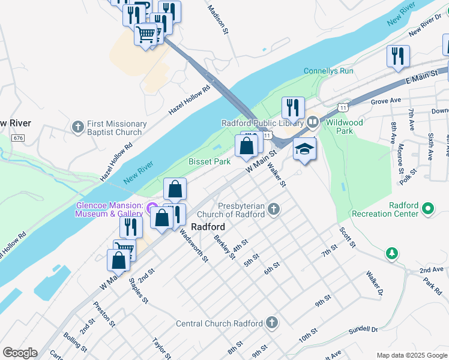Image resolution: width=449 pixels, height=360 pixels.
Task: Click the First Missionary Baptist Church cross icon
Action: click(x=77, y=127)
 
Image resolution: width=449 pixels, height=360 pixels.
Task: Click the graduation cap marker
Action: click(x=304, y=150)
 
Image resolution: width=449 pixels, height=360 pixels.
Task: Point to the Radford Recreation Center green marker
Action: click(x=427, y=209)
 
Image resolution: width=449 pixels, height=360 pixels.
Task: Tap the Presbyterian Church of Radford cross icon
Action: click(x=274, y=209)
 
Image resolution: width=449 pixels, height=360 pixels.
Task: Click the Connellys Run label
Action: click(x=328, y=71)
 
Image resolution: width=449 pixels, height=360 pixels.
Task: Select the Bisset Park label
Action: click(x=209, y=162)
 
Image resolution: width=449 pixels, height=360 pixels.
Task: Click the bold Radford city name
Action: click(x=208, y=227)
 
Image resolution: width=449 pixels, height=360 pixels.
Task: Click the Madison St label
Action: click(x=218, y=19)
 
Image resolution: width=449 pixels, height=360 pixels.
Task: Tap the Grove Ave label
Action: click(x=386, y=101)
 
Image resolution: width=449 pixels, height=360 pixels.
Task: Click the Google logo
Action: click(x=20, y=353)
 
